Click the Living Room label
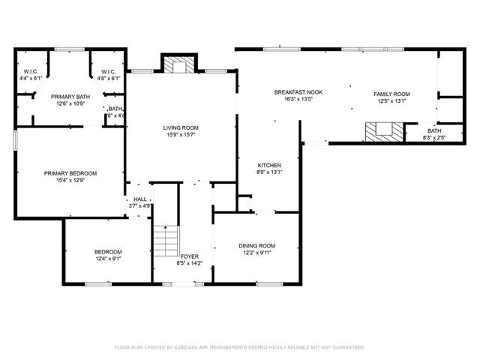tap(181, 128)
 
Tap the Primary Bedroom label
tap(70, 173)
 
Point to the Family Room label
tap(391, 94)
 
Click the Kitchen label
tap(269, 165)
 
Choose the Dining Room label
tap(257, 246)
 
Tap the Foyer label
tap(189, 256)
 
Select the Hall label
tap(140, 199)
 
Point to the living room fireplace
tap(178, 67)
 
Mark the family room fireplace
tap(381, 132)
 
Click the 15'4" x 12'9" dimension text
tap(70, 180)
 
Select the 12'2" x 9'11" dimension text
tap(257, 253)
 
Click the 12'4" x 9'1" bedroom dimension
tap(108, 259)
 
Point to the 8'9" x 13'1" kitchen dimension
tap(269, 172)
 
